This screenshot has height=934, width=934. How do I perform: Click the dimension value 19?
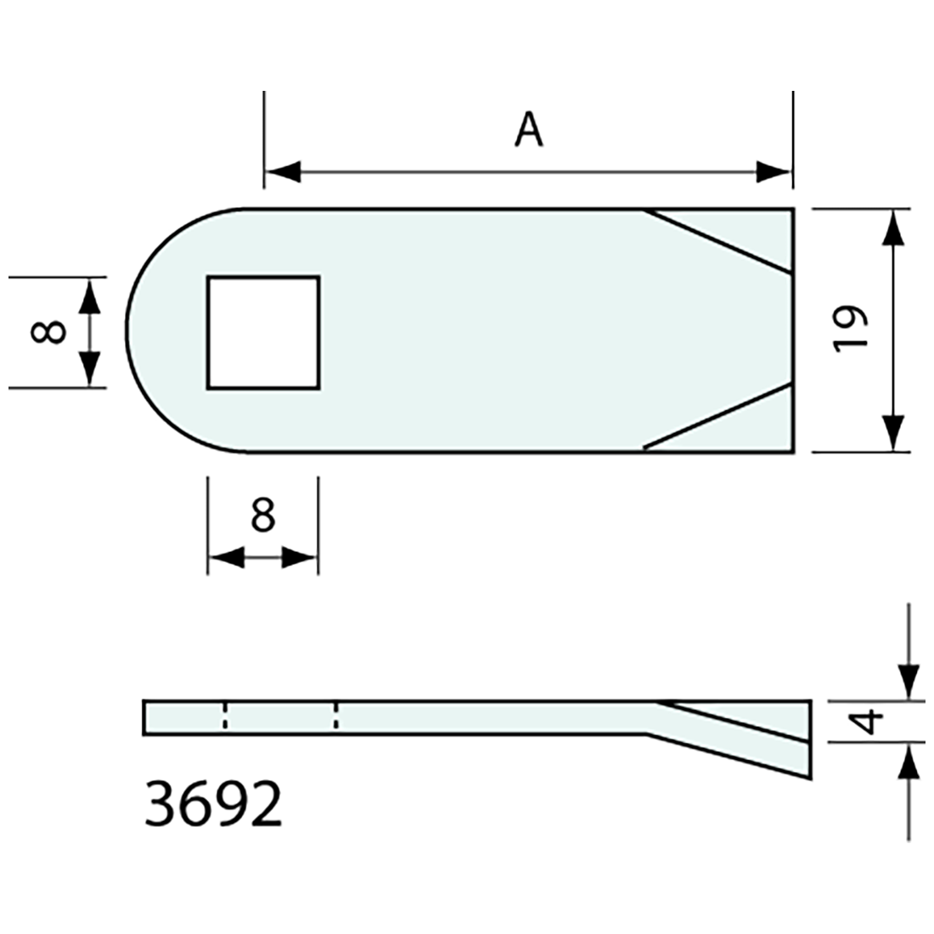point(852,329)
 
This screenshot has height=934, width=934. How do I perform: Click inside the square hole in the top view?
point(263,332)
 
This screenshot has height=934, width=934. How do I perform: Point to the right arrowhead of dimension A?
point(774,172)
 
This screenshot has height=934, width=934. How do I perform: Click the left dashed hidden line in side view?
point(224,716)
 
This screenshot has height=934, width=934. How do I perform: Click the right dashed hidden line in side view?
point(336,716)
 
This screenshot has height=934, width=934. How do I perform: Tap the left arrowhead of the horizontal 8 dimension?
point(226,558)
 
